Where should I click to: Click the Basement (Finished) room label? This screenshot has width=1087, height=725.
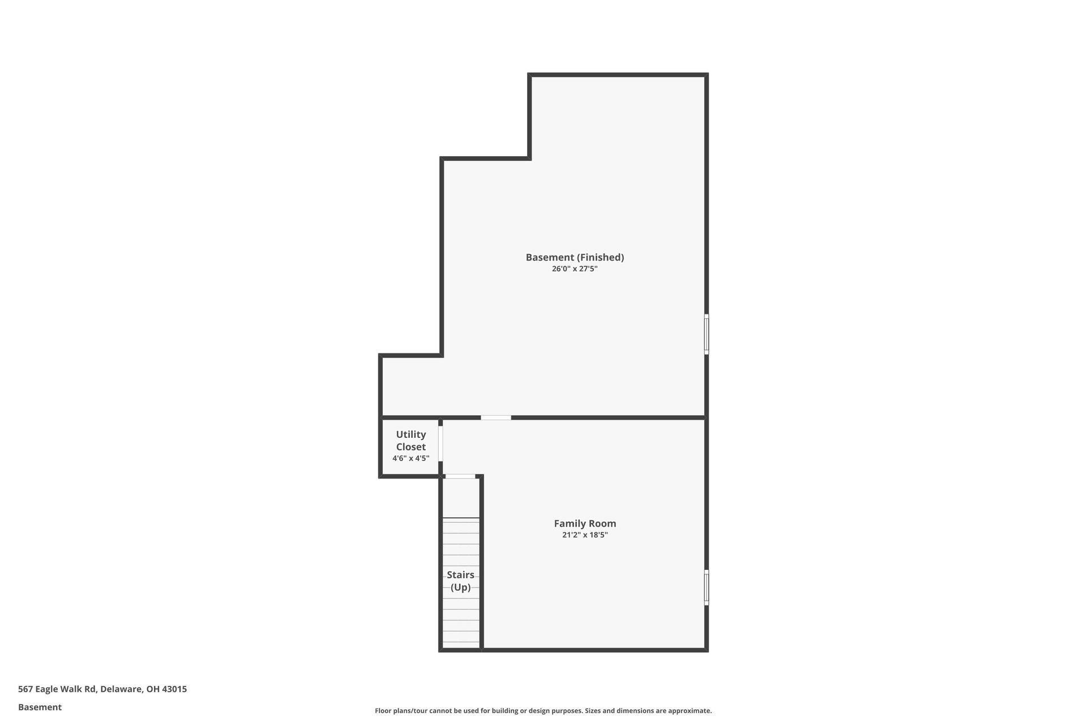[x=575, y=257]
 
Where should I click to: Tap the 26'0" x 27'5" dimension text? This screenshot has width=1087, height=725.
[x=575, y=269]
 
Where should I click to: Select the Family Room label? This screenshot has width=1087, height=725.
[x=585, y=523]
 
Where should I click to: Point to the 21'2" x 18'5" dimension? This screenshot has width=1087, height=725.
[x=585, y=535]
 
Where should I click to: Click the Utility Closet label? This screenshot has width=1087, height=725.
[x=410, y=441]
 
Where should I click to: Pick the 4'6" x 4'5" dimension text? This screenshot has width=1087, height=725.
[x=410, y=458]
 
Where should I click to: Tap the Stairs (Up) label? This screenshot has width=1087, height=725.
[x=460, y=581]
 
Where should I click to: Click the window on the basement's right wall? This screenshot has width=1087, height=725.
[x=707, y=334]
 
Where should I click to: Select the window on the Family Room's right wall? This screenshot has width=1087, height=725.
[x=707, y=587]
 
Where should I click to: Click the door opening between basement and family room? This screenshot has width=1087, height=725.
[x=496, y=418]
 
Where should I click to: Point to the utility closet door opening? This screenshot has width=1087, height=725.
[x=440, y=443]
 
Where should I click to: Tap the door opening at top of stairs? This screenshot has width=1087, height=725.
[x=460, y=476]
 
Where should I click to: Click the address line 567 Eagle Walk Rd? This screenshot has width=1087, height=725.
[x=102, y=689]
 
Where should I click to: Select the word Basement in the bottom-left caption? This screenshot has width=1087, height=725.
[x=40, y=707]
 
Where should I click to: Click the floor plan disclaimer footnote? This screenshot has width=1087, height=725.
[x=543, y=711]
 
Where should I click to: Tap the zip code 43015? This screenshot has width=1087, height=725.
[x=174, y=689]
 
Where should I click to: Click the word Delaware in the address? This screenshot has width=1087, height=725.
[x=121, y=689]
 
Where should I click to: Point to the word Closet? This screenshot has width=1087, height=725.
[x=410, y=447]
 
